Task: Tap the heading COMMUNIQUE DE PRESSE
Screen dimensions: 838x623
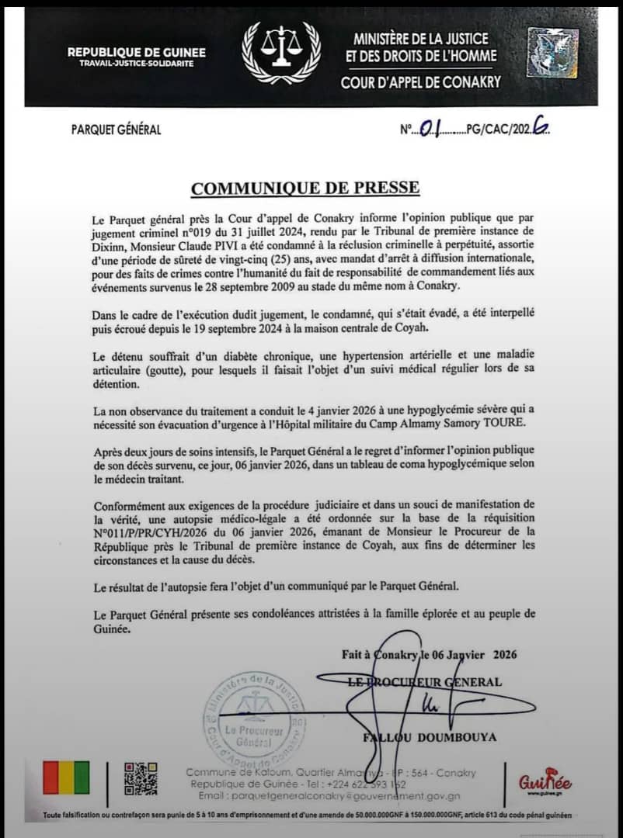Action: click(305, 188)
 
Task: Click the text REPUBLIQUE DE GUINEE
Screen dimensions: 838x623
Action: click(137, 52)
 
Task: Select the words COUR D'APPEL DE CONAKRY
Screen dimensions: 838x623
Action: click(421, 81)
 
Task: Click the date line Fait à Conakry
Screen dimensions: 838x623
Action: click(429, 654)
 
